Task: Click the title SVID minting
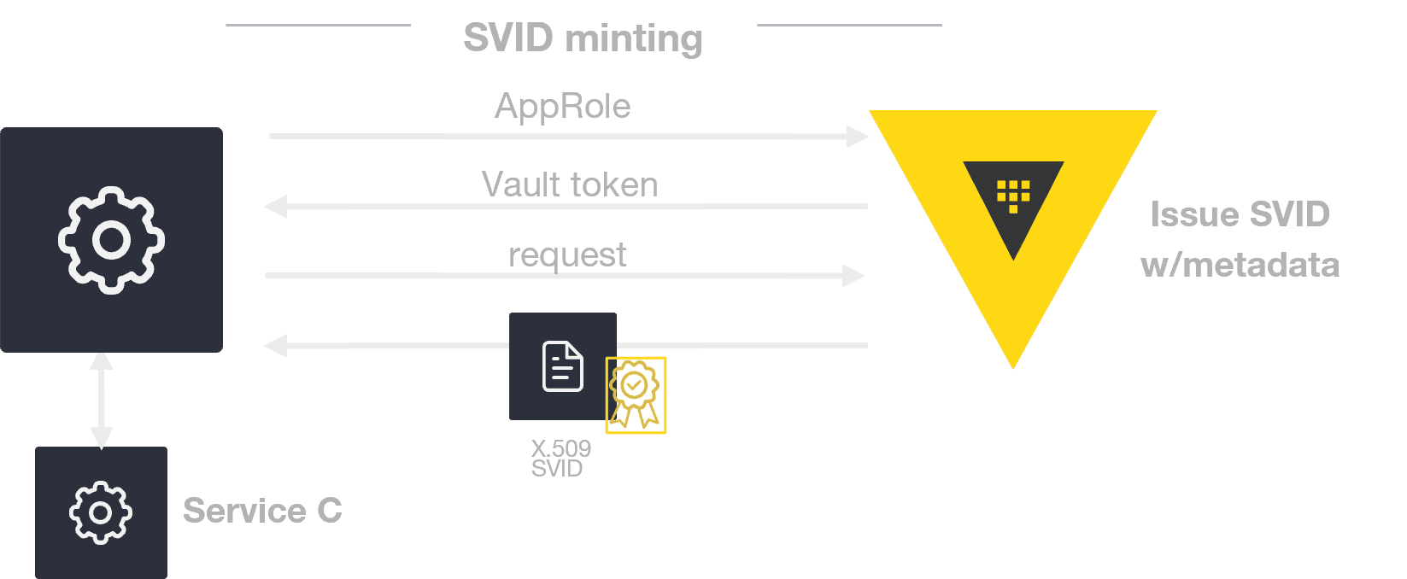click(x=583, y=38)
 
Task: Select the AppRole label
click(x=563, y=107)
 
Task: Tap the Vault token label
click(x=570, y=184)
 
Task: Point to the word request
click(x=567, y=254)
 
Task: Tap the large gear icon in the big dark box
click(x=111, y=240)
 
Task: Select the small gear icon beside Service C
click(x=101, y=512)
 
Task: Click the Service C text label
click(x=262, y=511)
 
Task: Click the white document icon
click(x=563, y=366)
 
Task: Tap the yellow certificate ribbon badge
click(x=635, y=395)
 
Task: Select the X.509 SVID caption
click(x=560, y=459)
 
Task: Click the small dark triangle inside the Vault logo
click(x=1013, y=213)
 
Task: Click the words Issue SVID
click(x=1240, y=214)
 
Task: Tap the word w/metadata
click(x=1240, y=265)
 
